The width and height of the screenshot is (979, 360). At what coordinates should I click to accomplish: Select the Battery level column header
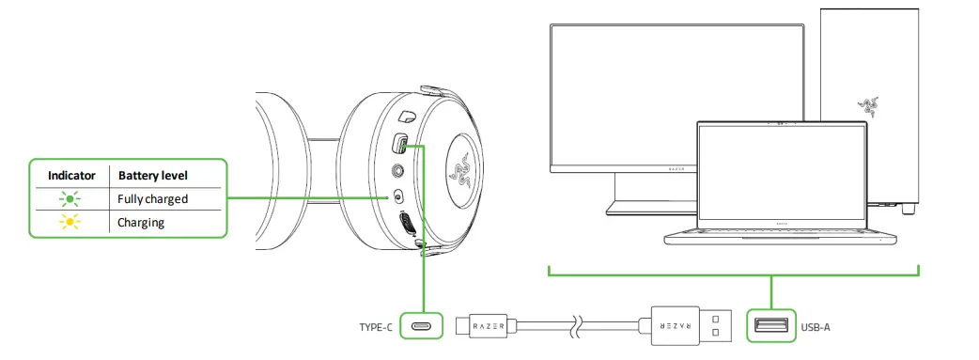(152, 175)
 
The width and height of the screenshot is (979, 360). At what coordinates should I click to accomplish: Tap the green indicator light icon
(70, 198)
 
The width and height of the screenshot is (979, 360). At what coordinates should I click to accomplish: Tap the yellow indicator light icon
(70, 223)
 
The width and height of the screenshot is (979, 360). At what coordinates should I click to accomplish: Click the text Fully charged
(152, 198)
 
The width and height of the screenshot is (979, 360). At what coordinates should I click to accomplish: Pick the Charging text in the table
(141, 223)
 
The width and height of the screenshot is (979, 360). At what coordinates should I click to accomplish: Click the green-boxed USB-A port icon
(770, 327)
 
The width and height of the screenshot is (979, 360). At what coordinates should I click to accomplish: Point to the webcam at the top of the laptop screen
(774, 124)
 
